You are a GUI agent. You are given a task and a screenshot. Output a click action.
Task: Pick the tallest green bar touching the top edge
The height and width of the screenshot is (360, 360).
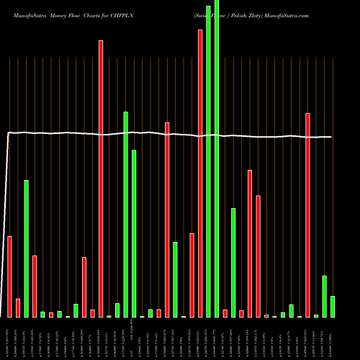click(217, 158)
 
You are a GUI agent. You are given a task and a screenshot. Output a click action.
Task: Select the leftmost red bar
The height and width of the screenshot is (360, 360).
click(10, 276)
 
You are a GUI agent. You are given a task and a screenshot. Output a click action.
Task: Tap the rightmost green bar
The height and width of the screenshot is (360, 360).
click(333, 306)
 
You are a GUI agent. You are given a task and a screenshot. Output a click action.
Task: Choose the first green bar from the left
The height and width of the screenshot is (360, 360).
click(27, 248)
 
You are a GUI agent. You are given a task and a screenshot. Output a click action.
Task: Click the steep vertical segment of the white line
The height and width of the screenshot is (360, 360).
click(6, 216)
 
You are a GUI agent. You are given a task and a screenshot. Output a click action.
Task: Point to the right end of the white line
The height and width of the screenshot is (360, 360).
click(332, 137)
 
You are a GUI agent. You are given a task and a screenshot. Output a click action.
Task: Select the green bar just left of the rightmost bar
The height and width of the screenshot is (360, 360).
click(325, 296)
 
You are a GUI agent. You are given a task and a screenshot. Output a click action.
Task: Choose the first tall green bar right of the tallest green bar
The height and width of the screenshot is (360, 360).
click(233, 262)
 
